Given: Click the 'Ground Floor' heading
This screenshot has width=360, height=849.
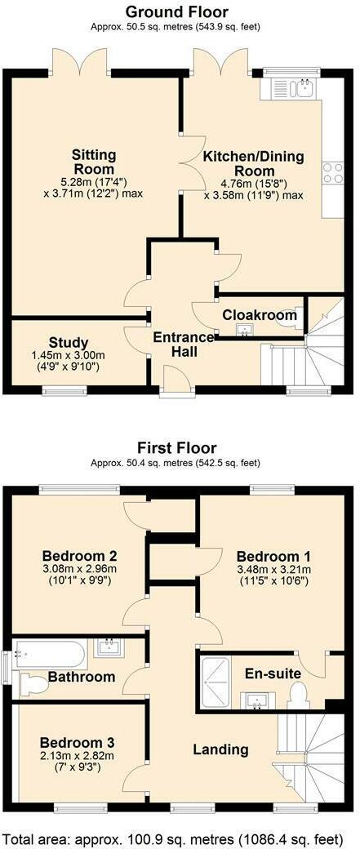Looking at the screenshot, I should tap(176, 11).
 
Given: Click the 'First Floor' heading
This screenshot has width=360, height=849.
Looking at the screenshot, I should tap(176, 448).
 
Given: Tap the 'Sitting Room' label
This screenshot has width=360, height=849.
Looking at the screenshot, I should tap(94, 162).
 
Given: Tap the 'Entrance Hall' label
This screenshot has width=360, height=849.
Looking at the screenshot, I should tap(184, 344).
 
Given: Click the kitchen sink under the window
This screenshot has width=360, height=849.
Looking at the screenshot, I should tap(293, 88).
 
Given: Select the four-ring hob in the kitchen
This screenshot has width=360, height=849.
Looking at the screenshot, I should tap(332, 173).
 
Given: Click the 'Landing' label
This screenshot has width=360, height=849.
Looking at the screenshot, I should tap(220, 749).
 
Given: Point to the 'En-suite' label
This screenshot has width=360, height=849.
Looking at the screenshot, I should tap(273, 673).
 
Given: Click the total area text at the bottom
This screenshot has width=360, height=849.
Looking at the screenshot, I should tap(179, 838).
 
